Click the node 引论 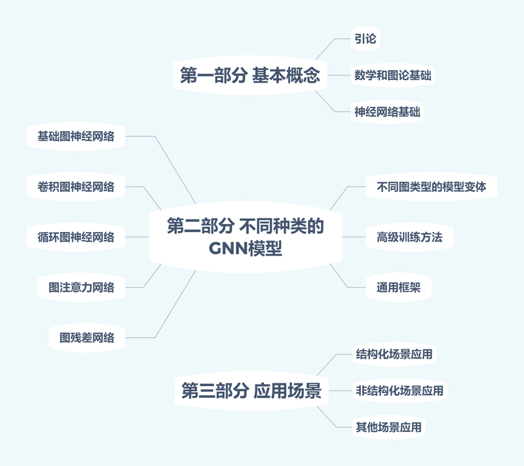(365, 39)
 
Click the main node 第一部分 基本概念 (250, 75)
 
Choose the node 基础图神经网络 (76, 136)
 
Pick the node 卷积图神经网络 (76, 187)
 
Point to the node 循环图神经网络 (76, 237)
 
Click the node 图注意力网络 (81, 287)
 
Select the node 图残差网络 (86, 338)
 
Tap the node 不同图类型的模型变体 (432, 187)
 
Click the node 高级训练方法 (409, 237)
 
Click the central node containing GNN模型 (246, 237)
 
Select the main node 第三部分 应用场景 (251, 391)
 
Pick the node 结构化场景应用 (394, 355)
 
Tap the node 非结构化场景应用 (399, 391)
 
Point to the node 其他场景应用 (388, 427)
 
